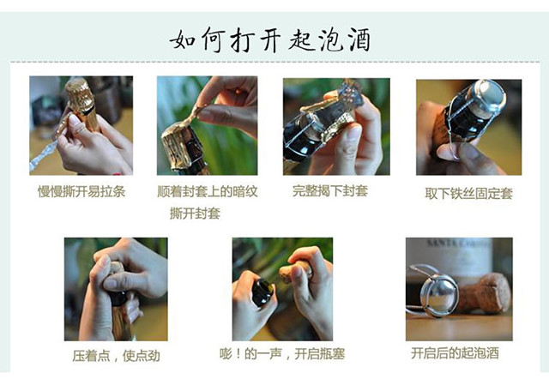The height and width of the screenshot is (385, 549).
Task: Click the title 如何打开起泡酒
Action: click(x=270, y=39)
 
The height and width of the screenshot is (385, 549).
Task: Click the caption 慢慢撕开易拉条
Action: click(x=81, y=192)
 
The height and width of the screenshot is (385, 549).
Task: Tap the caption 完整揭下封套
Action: click(x=330, y=190)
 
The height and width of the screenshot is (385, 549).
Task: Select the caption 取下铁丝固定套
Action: click(x=469, y=194)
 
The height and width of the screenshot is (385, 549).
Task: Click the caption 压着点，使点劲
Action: click(x=117, y=356)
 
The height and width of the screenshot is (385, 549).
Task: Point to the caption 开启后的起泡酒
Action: click(x=455, y=353)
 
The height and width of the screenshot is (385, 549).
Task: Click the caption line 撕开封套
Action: click(x=195, y=214)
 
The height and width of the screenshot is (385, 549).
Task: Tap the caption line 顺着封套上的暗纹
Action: click(x=208, y=191)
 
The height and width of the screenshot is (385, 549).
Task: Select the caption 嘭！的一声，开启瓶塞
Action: click(x=282, y=354)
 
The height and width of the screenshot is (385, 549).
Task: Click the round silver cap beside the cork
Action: click(x=439, y=295)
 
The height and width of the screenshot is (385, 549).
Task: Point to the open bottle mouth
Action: click(x=263, y=292)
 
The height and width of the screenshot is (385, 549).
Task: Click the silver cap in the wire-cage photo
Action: click(x=489, y=96)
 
